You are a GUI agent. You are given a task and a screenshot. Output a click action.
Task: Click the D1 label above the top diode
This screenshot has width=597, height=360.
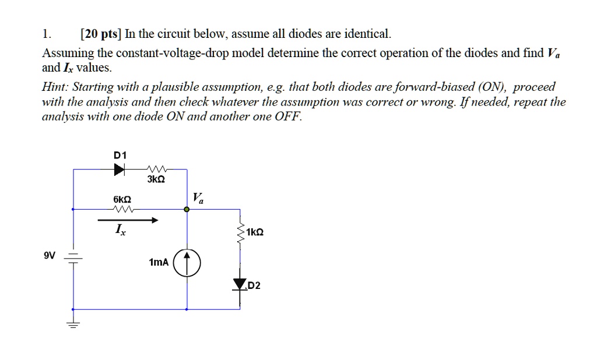click(x=121, y=156)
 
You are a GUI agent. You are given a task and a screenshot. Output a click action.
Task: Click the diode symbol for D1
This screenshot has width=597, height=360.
click(x=120, y=170)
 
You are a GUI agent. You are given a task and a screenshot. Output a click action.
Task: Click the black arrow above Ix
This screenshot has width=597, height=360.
click(x=128, y=220)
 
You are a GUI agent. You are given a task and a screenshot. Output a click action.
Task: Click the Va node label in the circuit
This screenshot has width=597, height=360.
click(x=199, y=199)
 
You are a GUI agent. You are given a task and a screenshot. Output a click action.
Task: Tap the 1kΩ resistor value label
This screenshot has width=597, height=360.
click(x=255, y=232)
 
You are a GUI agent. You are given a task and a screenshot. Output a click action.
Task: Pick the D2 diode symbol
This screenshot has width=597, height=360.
click(x=239, y=284)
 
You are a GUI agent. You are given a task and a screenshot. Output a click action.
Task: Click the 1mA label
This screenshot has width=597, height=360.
click(x=159, y=263)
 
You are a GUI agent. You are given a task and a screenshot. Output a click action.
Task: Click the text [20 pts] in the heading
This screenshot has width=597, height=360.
click(x=99, y=34)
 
